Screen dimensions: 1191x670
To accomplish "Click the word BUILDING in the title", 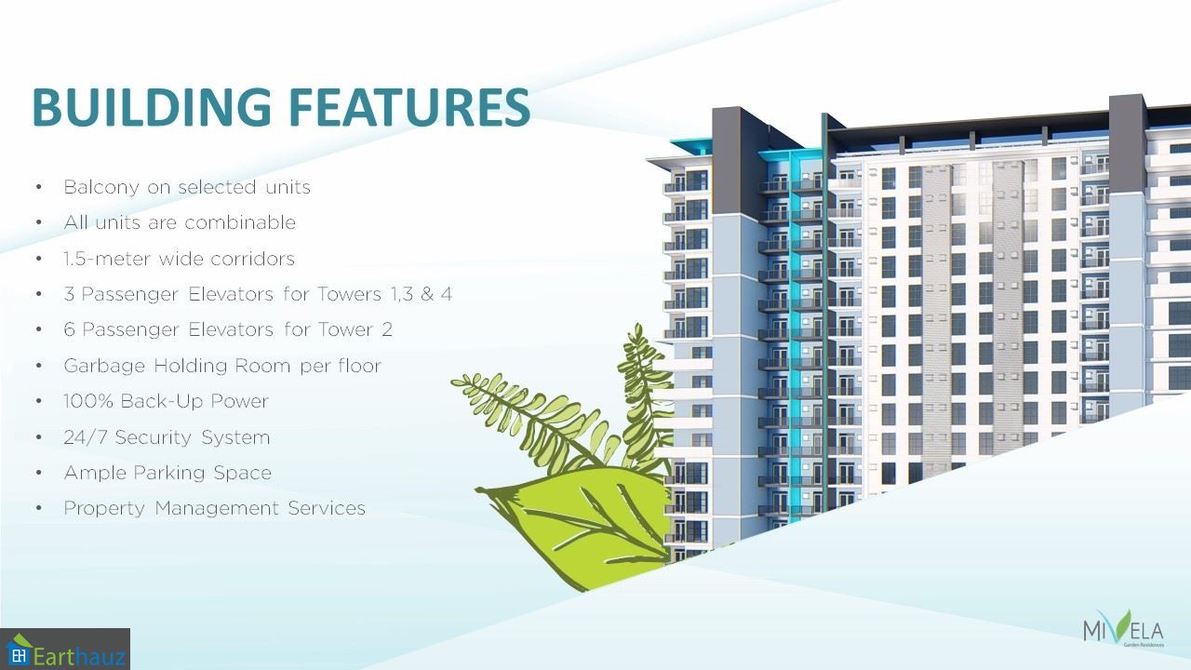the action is pyautogui.click(x=152, y=107).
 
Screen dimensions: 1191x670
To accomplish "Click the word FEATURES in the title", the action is pyautogui.click(x=411, y=107).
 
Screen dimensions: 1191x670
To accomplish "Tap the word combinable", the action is pyautogui.click(x=240, y=222).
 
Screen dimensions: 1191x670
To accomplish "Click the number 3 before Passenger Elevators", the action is pyautogui.click(x=69, y=294).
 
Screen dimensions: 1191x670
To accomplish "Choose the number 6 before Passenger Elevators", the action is pyautogui.click(x=69, y=329).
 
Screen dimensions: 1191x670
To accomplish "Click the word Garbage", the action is pyautogui.click(x=104, y=367).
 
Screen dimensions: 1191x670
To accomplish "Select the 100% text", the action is pyautogui.click(x=88, y=401).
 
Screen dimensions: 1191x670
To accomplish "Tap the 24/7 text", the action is pyautogui.click(x=85, y=437).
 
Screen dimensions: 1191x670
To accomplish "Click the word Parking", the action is pyautogui.click(x=169, y=474).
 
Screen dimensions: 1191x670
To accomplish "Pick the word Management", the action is pyautogui.click(x=217, y=509).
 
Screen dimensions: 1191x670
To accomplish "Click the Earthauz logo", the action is pyautogui.click(x=65, y=650).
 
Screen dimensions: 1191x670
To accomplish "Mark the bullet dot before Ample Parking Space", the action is pyautogui.click(x=39, y=474).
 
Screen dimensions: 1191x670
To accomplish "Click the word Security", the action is pyautogui.click(x=154, y=437).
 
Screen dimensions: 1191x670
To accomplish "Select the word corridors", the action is pyautogui.click(x=252, y=259).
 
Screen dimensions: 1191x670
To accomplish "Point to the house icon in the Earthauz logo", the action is pyautogui.click(x=18, y=650).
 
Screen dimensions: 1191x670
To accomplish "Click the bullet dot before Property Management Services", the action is pyautogui.click(x=39, y=509).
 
